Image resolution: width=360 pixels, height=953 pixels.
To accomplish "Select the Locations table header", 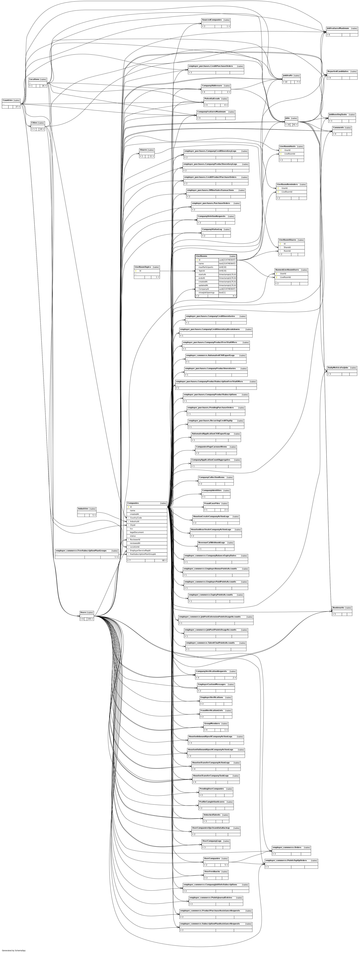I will pos(34,79).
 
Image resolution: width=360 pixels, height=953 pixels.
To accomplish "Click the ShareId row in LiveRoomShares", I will pos(287,247).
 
